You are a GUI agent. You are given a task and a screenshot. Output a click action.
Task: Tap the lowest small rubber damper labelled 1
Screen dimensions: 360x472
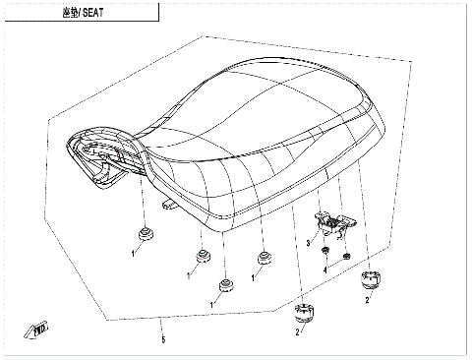225,287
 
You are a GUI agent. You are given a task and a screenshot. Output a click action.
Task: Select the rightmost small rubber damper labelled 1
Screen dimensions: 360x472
264,260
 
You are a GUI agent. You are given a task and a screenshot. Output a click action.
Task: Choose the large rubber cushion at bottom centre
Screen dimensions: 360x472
305,315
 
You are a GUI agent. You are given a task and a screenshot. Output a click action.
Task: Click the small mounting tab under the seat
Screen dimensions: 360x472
167,206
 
